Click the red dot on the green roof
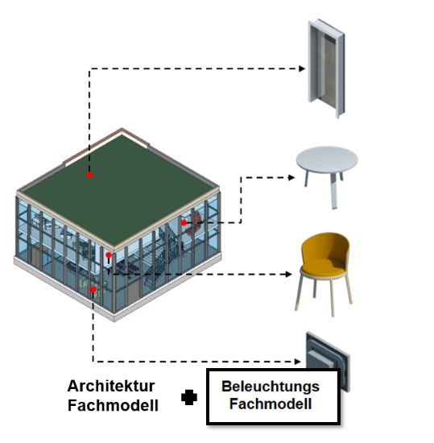point(89,175)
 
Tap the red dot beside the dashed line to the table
point(184,222)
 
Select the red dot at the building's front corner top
point(109,255)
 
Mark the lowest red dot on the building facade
point(93,289)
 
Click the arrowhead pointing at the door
point(302,68)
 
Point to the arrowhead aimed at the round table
point(291,177)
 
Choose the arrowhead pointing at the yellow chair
point(288,274)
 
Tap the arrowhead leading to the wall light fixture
point(297,362)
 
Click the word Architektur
point(111,386)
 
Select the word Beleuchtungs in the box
point(271,387)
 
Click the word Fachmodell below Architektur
point(113,405)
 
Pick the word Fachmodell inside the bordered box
point(271,404)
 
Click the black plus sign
point(189,397)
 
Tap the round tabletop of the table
point(327,159)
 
